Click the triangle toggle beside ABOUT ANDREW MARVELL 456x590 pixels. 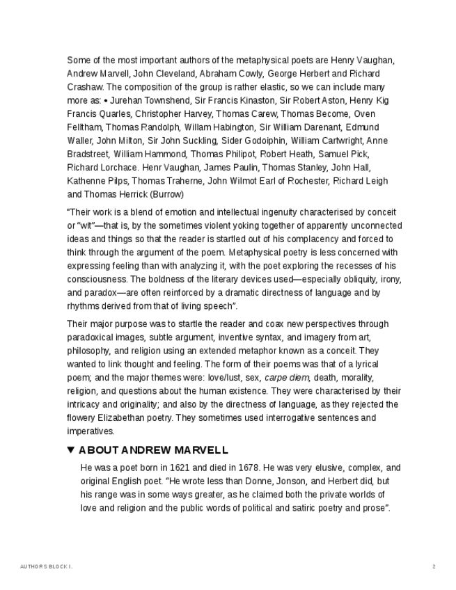click(x=71, y=450)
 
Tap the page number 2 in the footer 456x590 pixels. click(x=434, y=567)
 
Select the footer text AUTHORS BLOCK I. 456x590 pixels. click(x=47, y=567)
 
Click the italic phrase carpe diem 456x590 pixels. click(x=286, y=378)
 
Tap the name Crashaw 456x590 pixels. click(x=84, y=87)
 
